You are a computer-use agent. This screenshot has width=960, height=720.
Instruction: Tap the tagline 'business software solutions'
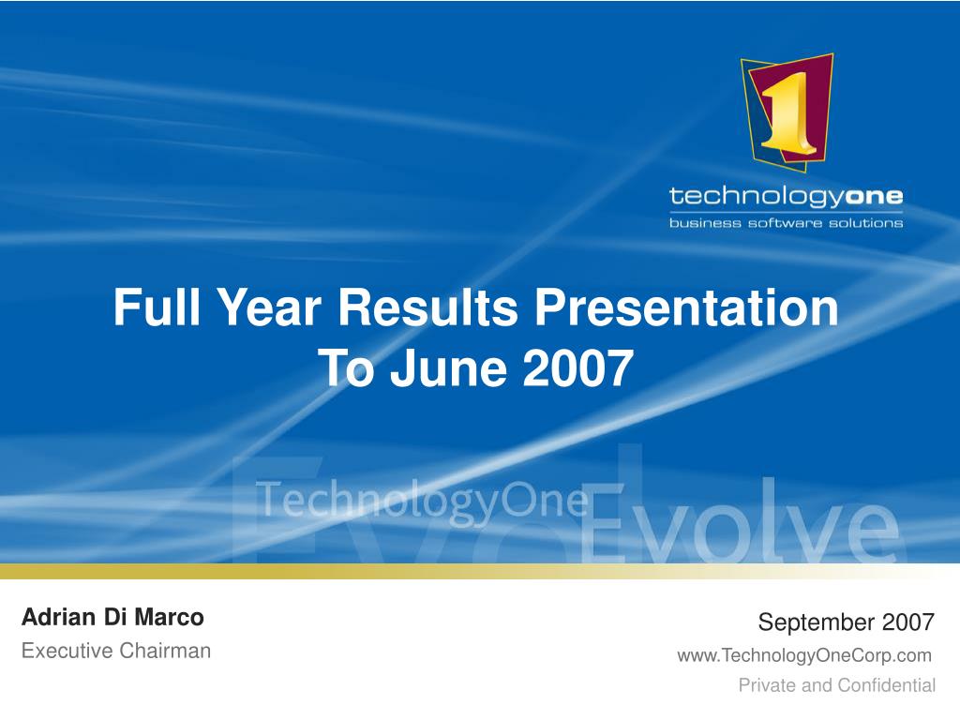pos(787,223)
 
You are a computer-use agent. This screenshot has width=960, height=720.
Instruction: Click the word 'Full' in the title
pos(157,307)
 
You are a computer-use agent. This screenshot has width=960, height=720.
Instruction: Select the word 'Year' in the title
pos(270,307)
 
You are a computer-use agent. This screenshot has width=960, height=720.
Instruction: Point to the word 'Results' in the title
pos(427,307)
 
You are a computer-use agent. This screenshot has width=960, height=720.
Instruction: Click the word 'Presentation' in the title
pos(686,307)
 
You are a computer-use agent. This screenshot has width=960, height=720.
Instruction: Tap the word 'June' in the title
pos(449,367)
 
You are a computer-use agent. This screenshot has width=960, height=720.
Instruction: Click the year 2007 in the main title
pos(577,367)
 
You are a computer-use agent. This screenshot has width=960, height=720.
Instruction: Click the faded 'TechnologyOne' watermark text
pos(422,501)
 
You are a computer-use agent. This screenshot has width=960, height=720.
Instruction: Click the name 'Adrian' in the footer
pos(58,617)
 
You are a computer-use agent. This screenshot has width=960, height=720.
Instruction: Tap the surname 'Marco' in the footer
pos(169,617)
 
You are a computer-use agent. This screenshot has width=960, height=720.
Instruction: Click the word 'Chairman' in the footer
pos(165,651)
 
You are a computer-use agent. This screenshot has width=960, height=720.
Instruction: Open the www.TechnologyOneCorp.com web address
pos(804,655)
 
